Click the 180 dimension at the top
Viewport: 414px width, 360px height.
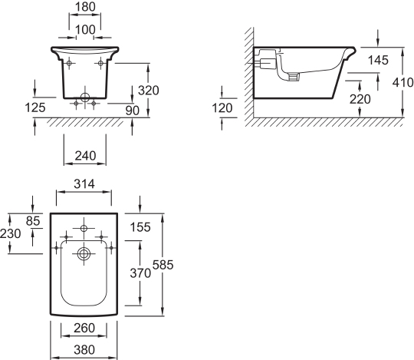tap(85, 7)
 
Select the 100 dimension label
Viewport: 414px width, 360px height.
tap(85, 30)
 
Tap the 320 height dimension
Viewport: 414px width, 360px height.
tap(149, 91)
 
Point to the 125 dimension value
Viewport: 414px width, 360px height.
tap(35, 107)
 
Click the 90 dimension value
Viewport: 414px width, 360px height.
tap(133, 111)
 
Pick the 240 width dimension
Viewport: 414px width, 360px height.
tap(85, 156)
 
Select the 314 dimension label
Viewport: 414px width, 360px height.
tap(84, 184)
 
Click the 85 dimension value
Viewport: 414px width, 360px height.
tap(33, 221)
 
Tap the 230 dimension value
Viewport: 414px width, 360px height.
tap(10, 233)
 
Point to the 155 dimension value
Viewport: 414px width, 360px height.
tap(140, 227)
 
